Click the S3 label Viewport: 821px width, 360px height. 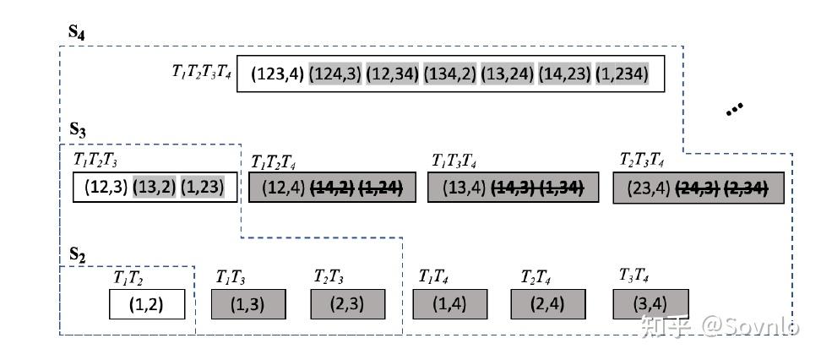[78, 130]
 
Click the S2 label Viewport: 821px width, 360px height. [78, 255]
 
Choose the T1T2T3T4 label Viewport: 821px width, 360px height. [201, 72]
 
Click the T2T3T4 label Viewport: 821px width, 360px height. [641, 161]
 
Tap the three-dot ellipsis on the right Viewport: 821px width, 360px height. [734, 108]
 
